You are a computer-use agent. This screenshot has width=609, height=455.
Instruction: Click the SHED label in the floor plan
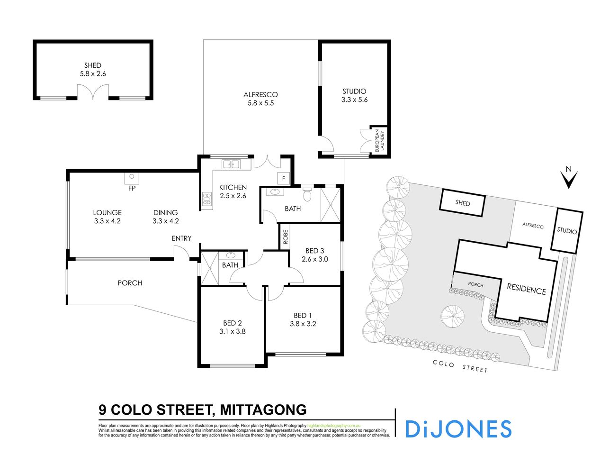click(93, 65)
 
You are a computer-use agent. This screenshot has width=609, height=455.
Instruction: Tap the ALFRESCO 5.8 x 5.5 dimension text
click(260, 103)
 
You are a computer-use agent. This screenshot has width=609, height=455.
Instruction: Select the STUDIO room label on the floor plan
click(354, 91)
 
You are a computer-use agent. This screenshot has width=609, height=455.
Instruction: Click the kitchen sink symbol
click(231, 164)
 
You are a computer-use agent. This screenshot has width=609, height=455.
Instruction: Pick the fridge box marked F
click(284, 179)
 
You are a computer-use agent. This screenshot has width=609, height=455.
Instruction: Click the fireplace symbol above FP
click(131, 178)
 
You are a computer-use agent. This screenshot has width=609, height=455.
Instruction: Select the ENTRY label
click(181, 238)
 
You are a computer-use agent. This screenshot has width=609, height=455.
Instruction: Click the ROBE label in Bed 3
click(285, 237)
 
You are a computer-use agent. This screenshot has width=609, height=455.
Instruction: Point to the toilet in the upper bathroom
click(307, 194)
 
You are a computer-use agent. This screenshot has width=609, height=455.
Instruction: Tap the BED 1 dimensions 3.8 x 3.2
click(303, 324)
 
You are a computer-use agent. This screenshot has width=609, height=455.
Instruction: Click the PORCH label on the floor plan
click(130, 283)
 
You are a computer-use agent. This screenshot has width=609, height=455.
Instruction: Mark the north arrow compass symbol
click(569, 178)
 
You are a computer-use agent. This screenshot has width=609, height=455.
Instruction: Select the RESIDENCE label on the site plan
click(526, 289)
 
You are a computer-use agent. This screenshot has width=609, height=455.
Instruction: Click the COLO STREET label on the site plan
click(460, 366)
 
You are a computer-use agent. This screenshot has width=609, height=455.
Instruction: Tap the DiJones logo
click(458, 428)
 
